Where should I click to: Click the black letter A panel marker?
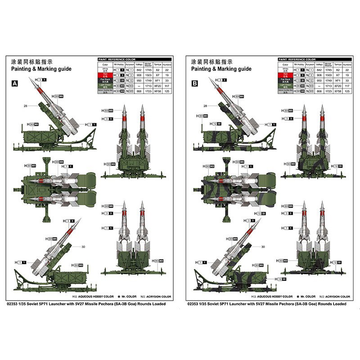point(15,84)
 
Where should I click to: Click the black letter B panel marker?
point(195,84)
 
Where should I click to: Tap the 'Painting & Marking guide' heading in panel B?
point(221,69)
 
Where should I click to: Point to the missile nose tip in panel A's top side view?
point(30,78)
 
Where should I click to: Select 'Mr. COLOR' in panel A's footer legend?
point(126,297)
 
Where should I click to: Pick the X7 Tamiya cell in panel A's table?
point(157,75)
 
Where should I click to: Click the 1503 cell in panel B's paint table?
point(328,75)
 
